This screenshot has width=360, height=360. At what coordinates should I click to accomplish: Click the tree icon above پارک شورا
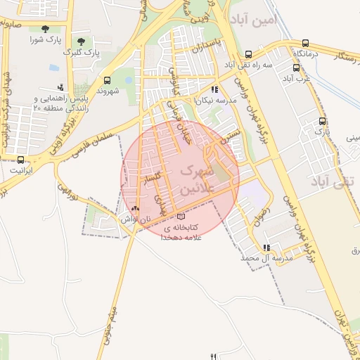pos(46,29)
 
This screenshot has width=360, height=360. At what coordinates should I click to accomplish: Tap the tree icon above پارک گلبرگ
pos(81,41)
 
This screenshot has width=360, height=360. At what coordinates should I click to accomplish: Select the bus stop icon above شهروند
pos(107,80)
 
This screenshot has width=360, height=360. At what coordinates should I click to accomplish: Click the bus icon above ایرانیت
pos(20,160)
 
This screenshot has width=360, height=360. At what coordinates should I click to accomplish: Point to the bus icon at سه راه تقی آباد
pos(248,54)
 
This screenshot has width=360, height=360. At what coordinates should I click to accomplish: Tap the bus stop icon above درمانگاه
pos(304,43)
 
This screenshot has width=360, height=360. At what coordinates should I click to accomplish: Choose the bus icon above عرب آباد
pos(296,68)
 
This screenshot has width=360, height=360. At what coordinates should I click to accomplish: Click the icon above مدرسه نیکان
pos(214,90)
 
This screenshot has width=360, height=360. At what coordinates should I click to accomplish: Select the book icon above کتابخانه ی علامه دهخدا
pos(182,217)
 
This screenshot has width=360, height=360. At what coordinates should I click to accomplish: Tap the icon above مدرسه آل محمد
pos(266,247)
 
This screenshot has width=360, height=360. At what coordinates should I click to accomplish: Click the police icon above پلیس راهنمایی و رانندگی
pos(60,87)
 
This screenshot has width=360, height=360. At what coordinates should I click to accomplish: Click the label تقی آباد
pos(330,181)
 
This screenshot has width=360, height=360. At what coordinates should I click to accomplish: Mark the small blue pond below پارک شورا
pos(54,68)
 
